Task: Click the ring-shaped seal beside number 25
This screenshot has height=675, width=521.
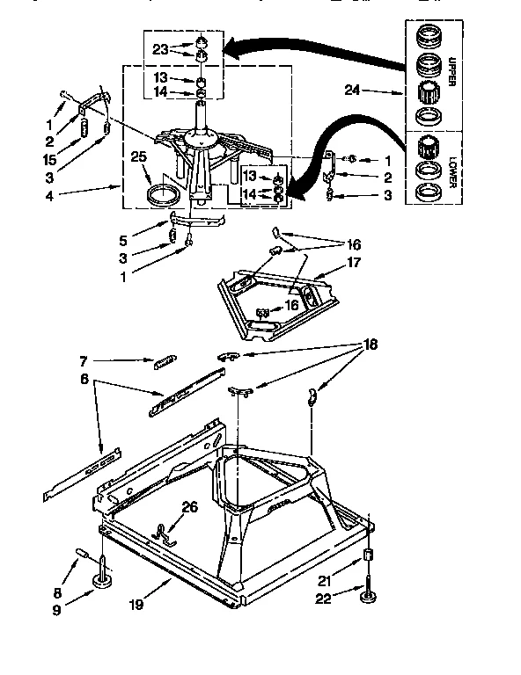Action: (x=165, y=194)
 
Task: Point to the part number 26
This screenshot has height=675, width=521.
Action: (x=189, y=506)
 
